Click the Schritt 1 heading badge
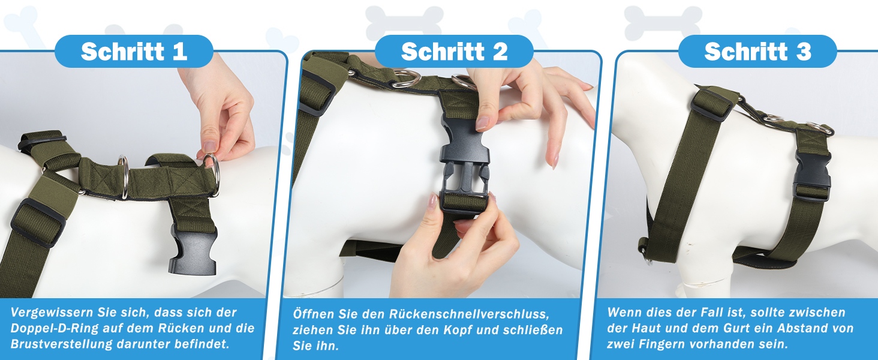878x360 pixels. [x=134, y=52]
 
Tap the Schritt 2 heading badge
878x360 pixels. [x=454, y=52]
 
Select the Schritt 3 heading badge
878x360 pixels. [x=757, y=52]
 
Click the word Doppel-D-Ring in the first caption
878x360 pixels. [x=55, y=328]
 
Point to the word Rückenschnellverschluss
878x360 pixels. [x=469, y=314]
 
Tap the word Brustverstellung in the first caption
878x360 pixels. [x=62, y=344]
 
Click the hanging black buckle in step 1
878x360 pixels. [x=193, y=251]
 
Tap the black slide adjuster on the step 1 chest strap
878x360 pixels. [x=38, y=223]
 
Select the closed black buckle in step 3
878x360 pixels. [x=813, y=176]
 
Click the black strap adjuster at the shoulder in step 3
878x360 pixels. [x=711, y=105]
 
